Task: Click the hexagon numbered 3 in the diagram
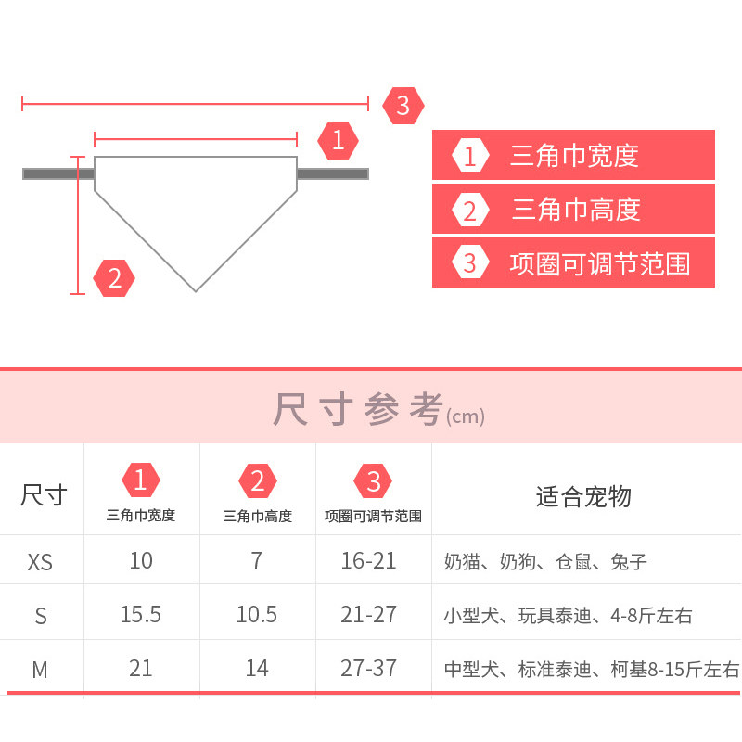click(403, 105)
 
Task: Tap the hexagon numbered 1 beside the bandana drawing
click(338, 140)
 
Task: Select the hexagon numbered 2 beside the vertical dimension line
click(114, 277)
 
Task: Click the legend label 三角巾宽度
click(574, 155)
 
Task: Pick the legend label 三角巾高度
click(576, 210)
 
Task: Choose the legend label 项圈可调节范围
click(600, 263)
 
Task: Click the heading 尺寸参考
click(358, 410)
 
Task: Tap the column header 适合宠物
click(583, 496)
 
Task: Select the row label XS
click(40, 562)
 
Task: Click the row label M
click(40, 670)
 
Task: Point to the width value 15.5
click(141, 614)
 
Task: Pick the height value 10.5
click(257, 614)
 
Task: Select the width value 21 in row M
click(141, 668)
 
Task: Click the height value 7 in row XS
click(257, 561)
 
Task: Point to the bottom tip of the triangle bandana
click(196, 289)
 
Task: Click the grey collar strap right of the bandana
click(332, 173)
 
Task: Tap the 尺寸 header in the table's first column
click(44, 494)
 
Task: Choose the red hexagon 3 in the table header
click(374, 480)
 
